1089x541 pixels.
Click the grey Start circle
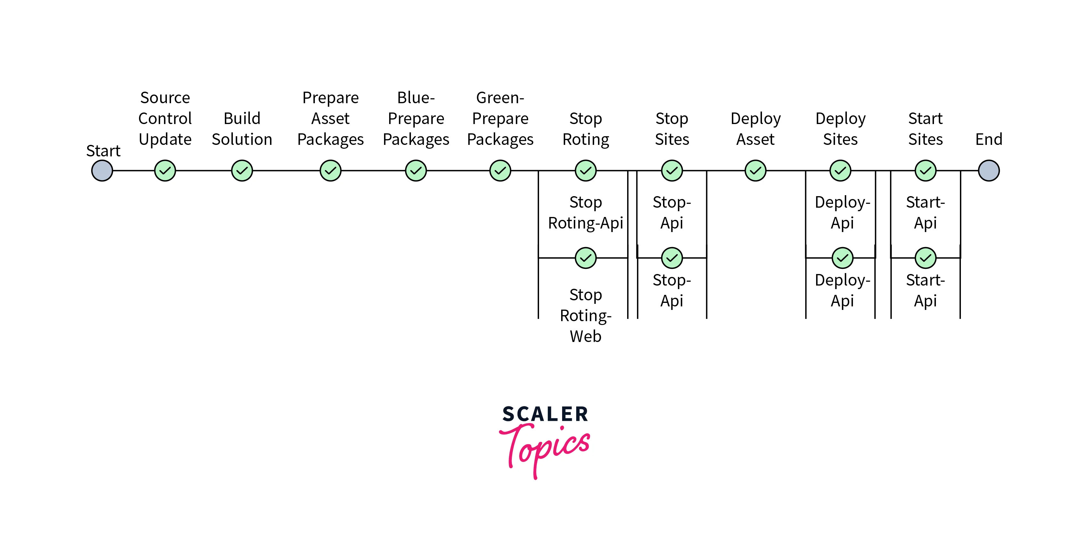tap(102, 171)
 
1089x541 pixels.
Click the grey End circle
tap(988, 171)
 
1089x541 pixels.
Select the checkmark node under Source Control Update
tap(165, 171)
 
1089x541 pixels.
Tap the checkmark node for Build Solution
tap(242, 171)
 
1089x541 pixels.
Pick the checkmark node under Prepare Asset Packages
tap(330, 171)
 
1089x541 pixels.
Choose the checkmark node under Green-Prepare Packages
tap(500, 171)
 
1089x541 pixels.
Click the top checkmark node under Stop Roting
tap(585, 171)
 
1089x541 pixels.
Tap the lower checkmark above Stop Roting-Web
tap(585, 258)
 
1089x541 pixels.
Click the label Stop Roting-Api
tap(585, 213)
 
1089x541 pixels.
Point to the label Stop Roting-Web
tap(585, 316)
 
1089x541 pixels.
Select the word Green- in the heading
tap(500, 98)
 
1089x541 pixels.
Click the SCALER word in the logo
tap(545, 414)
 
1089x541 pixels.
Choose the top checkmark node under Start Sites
tap(925, 171)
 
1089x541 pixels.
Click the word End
tap(988, 139)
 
